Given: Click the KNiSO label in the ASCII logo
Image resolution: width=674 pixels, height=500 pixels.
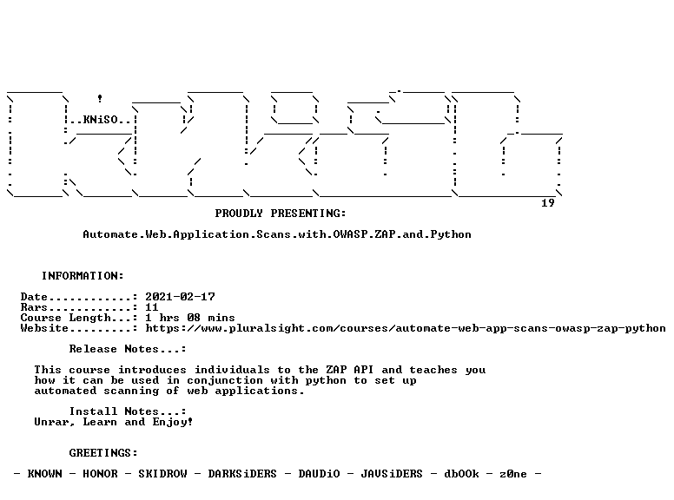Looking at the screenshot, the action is click(100, 120).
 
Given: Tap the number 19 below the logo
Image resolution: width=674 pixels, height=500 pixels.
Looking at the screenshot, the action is click(547, 203).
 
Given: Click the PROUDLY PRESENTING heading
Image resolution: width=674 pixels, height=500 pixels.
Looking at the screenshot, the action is click(281, 214).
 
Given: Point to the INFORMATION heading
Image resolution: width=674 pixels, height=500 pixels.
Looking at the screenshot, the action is click(83, 276).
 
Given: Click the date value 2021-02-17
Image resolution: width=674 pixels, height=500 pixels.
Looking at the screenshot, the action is click(180, 297).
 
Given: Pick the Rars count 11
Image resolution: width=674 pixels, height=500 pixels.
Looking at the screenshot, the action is click(152, 307).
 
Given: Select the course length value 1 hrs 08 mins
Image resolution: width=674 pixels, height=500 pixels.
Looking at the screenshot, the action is click(190, 318).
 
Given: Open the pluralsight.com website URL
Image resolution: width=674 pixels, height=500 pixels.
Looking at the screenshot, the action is click(406, 328).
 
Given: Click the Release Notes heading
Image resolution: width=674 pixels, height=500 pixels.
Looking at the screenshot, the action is click(128, 349).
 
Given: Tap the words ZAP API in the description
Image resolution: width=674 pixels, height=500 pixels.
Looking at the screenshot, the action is click(349, 370).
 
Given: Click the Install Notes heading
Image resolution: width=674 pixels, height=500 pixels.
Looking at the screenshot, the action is click(128, 411).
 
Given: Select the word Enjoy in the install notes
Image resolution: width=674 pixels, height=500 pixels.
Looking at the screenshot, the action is click(169, 422).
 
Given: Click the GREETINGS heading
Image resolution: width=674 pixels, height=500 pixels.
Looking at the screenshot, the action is click(103, 453).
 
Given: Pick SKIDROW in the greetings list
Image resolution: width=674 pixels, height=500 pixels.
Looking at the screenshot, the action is click(162, 474).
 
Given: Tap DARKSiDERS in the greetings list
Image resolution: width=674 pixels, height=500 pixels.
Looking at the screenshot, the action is click(242, 474).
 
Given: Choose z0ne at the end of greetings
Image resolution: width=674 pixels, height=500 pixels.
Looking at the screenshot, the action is click(513, 474).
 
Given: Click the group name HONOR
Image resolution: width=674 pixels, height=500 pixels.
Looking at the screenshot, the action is click(100, 474).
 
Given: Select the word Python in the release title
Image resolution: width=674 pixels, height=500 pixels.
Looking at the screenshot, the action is click(451, 234).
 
